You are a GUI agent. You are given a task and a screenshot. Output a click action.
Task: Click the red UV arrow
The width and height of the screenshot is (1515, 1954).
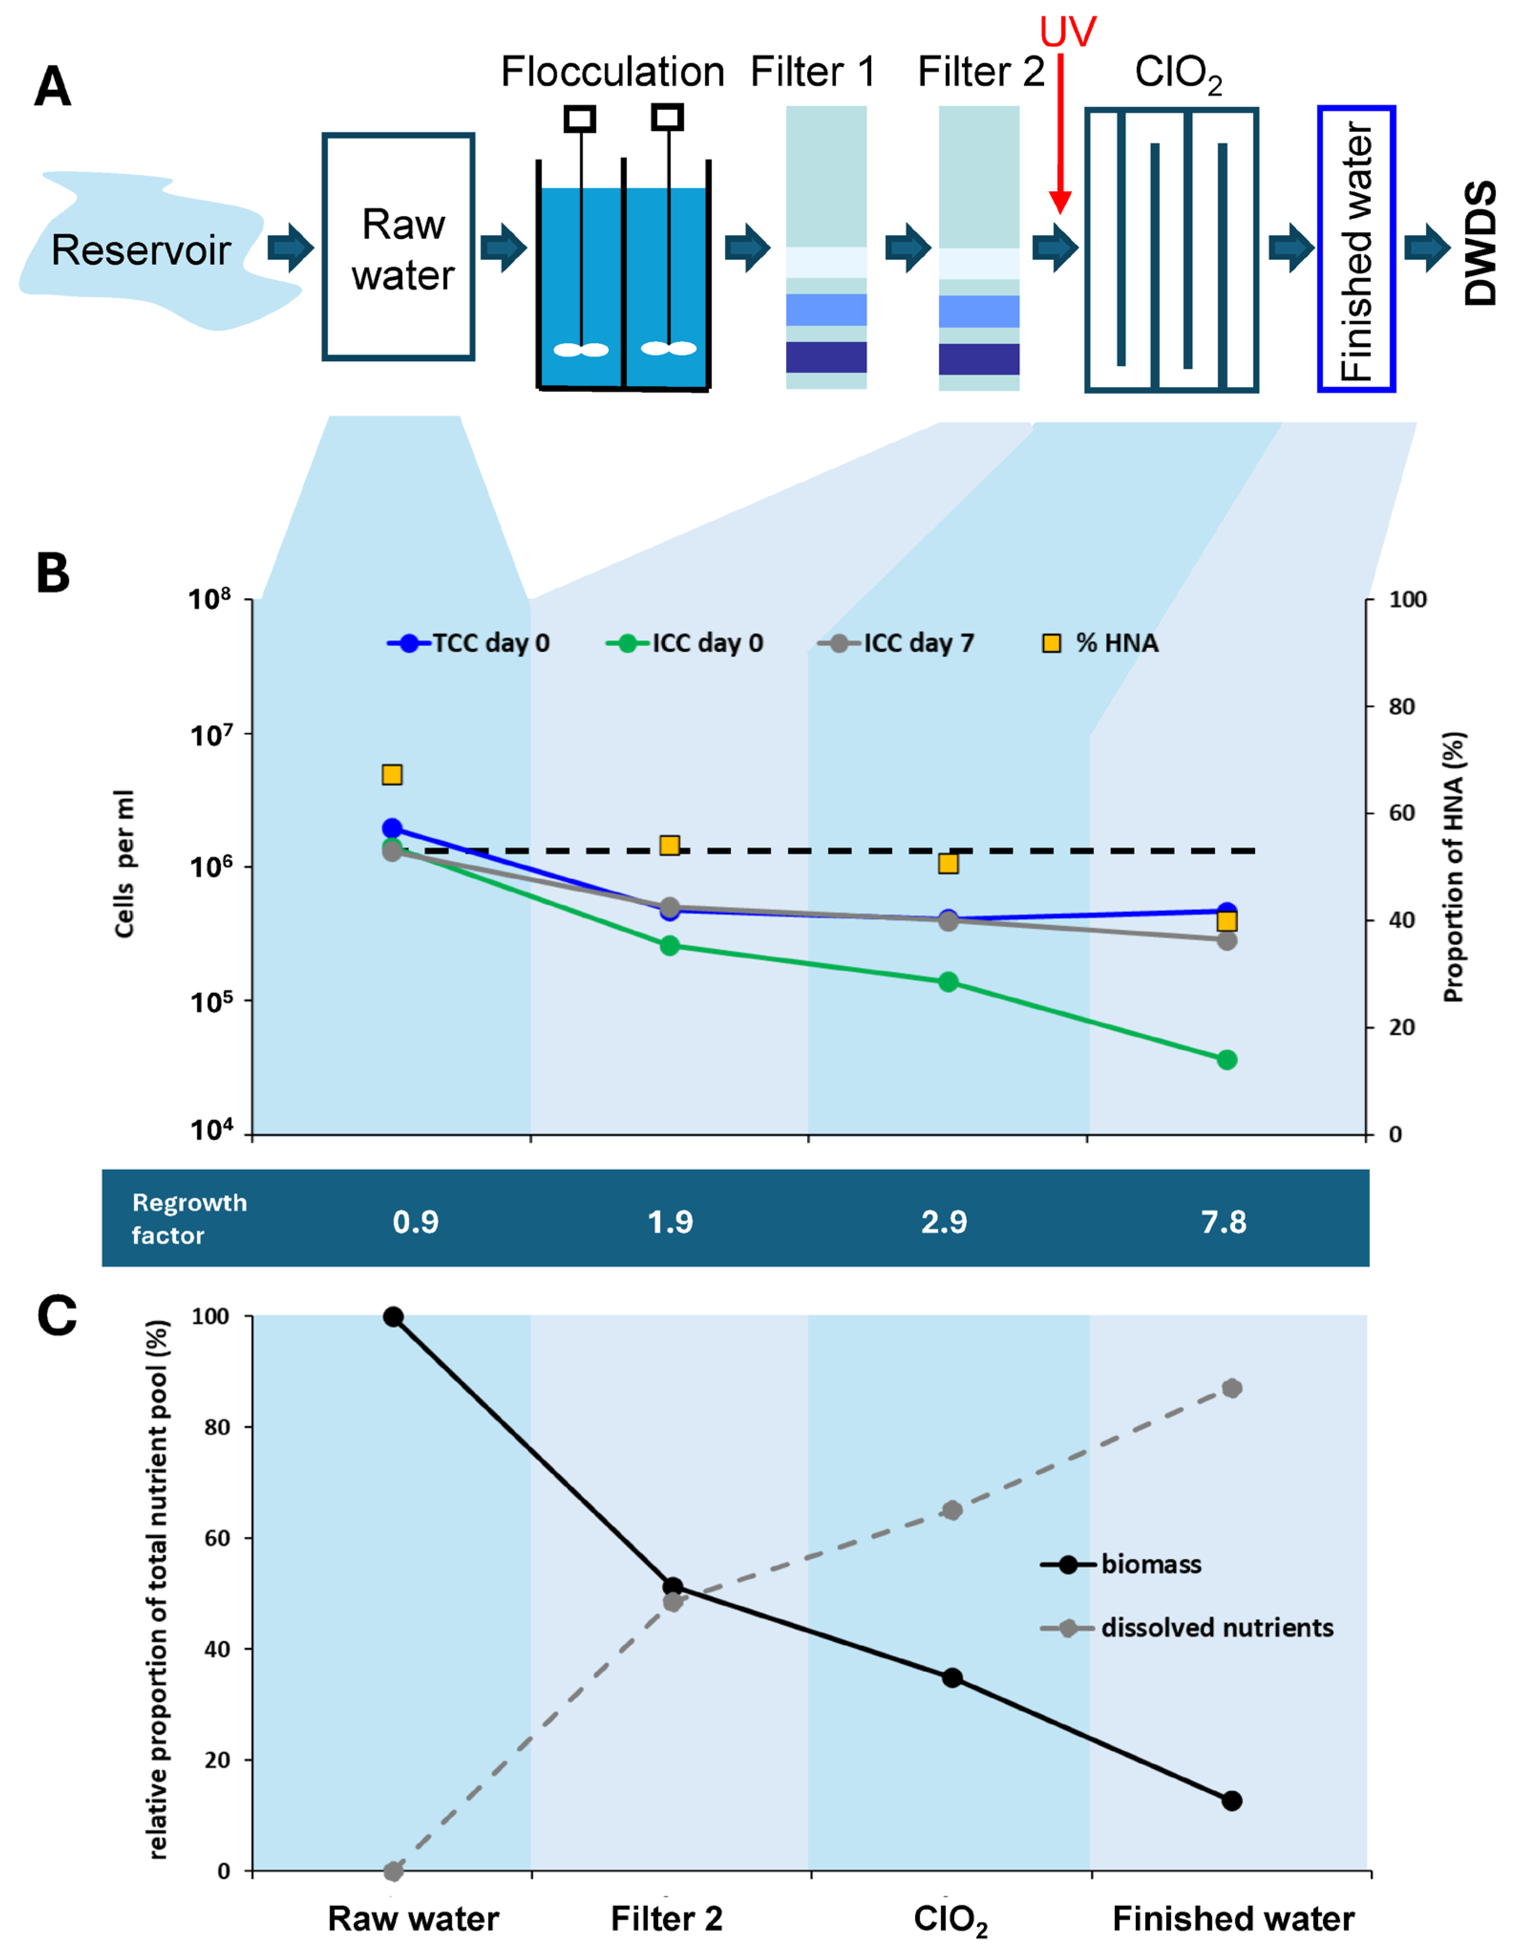(1060, 134)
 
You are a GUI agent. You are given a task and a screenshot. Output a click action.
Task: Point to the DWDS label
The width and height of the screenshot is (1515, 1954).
(1480, 244)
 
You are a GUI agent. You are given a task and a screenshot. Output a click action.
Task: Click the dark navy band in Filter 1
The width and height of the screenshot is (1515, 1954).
(825, 357)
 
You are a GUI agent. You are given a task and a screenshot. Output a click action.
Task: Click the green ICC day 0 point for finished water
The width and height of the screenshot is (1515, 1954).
(1227, 1059)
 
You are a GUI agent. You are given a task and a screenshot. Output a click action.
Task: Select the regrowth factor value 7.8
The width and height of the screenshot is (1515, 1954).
(1224, 1221)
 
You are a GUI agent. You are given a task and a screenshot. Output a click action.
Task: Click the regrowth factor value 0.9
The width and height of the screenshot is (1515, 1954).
(416, 1221)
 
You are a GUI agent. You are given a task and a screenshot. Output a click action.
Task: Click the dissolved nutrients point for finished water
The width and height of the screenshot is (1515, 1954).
(1231, 1388)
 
